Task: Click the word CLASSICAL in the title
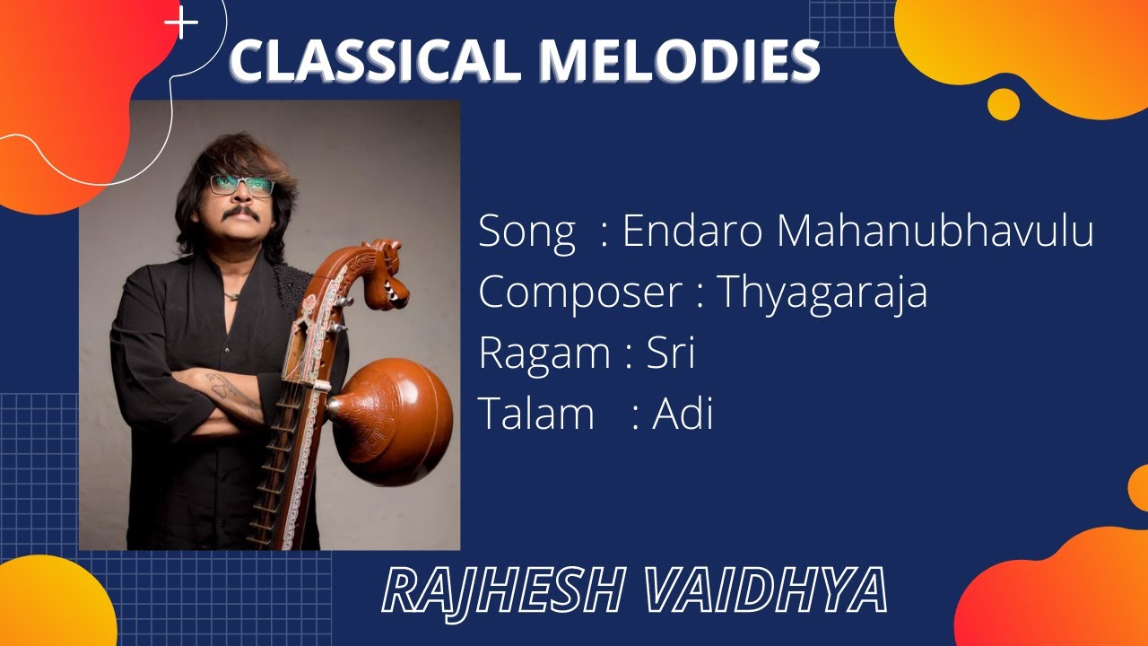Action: point(376,61)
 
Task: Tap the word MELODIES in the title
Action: point(679,61)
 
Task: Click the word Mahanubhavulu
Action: point(935,231)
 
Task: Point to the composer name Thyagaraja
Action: point(822,292)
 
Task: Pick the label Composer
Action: point(580,292)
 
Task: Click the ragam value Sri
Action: point(671,354)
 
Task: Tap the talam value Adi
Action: point(683,415)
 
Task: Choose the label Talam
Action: point(536,415)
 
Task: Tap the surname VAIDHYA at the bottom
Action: point(766,591)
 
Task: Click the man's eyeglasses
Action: point(242,186)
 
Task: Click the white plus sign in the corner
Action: point(182,24)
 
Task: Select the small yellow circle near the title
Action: point(1003,104)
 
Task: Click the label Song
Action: point(526,231)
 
